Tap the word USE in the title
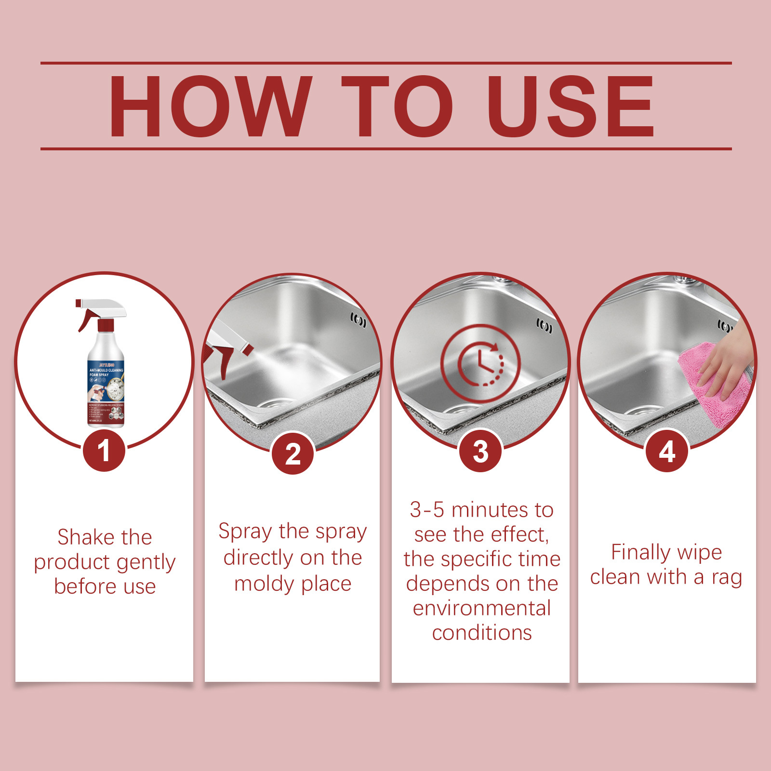pyautogui.click(x=571, y=106)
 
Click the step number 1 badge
pyautogui.click(x=104, y=452)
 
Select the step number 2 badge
pyautogui.click(x=292, y=453)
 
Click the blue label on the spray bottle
pyautogui.click(x=106, y=381)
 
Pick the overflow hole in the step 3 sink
pyautogui.click(x=544, y=326)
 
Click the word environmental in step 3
pyautogui.click(x=481, y=608)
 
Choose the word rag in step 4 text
pyautogui.click(x=726, y=577)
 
